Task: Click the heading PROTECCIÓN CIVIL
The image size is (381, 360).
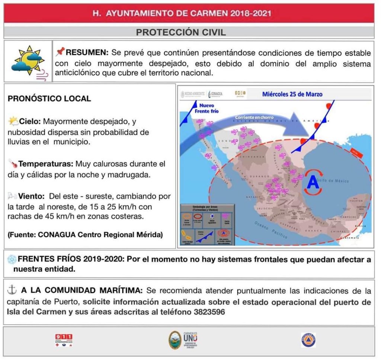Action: [x=181, y=32]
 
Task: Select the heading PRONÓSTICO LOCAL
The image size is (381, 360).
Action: [x=49, y=99]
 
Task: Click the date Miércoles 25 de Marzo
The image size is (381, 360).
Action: [x=292, y=94]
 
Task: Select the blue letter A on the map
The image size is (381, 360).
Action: [x=313, y=182]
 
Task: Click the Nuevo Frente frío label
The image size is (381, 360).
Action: [x=206, y=108]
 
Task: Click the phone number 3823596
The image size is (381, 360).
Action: [x=209, y=312]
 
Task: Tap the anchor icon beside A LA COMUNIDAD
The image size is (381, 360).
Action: [x=12, y=290]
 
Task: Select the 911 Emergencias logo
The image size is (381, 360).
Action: [x=64, y=340]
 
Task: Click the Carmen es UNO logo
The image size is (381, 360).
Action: [x=183, y=340]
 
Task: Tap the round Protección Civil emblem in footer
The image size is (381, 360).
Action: [x=308, y=340]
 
